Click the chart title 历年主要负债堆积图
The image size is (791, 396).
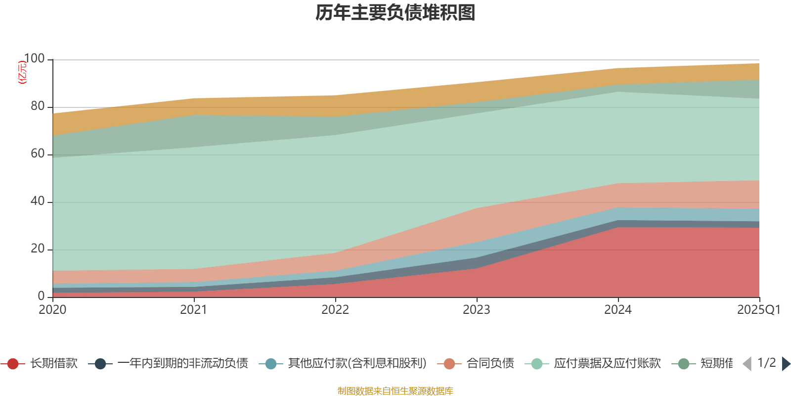tap(395, 13)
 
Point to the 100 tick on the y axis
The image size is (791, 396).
tap(34, 59)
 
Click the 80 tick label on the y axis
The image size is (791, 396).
tap(37, 106)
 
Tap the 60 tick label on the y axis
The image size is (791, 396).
tap(37, 154)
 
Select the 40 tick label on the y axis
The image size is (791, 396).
tap(37, 201)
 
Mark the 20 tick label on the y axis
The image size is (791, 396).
tap(37, 249)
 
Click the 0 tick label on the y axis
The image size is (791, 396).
tap(41, 296)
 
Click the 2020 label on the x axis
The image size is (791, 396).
tap(52, 310)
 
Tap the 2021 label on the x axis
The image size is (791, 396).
tap(194, 310)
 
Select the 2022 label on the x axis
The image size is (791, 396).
tap(335, 310)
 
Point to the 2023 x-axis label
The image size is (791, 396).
tap(477, 310)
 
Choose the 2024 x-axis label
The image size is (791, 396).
tap(618, 310)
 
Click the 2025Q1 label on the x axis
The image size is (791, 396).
tap(758, 310)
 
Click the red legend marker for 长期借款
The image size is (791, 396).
tap(13, 364)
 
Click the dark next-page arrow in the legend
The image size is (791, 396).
tap(786, 364)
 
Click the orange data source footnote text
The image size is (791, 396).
tap(395, 391)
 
